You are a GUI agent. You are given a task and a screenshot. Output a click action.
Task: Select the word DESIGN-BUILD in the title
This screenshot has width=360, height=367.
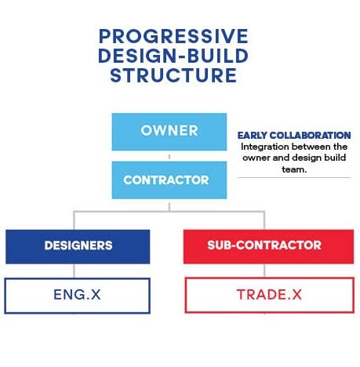(x=173, y=56)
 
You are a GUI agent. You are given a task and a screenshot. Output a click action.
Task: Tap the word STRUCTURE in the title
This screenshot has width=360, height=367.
(x=173, y=76)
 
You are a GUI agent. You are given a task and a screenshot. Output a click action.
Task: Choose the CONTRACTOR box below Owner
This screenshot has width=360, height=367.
(x=165, y=180)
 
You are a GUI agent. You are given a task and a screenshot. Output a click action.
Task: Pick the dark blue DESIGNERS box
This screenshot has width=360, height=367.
(x=78, y=245)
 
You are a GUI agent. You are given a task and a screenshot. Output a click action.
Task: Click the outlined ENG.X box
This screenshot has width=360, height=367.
(x=78, y=295)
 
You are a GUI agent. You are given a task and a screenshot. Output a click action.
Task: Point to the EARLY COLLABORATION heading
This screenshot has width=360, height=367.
(x=294, y=136)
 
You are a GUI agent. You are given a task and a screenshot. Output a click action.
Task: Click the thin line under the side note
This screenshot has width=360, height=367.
(x=294, y=177)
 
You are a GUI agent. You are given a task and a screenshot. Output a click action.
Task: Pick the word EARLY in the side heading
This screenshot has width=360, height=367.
(x=253, y=136)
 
